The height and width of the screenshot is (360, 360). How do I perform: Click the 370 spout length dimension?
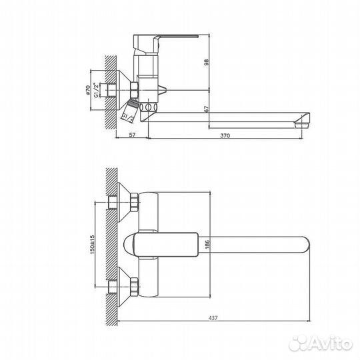click(x=225, y=137)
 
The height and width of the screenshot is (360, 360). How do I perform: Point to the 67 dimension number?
click(x=207, y=109)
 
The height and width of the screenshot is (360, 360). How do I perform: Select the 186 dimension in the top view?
click(x=207, y=244)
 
